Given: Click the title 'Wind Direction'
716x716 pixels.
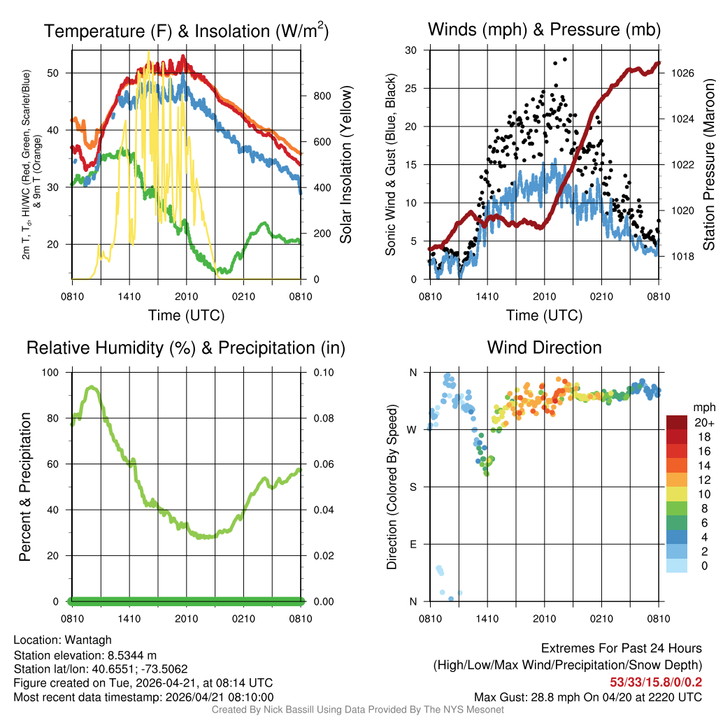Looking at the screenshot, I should point(544,348).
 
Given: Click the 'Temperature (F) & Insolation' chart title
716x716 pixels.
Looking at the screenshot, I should point(186,31).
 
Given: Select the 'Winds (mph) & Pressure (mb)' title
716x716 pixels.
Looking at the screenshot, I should point(544,29).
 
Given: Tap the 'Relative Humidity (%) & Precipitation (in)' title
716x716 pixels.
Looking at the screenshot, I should point(186,348).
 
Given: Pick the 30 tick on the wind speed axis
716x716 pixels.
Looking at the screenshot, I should point(411,50).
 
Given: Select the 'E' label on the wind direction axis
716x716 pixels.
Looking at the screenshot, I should point(413,544).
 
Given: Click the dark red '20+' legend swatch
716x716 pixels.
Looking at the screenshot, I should point(676,422).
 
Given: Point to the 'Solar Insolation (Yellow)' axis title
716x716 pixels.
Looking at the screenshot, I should point(346,165).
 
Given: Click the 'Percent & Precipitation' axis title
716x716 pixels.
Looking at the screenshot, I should point(24,487).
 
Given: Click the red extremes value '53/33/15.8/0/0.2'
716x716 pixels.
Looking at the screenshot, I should point(656,681).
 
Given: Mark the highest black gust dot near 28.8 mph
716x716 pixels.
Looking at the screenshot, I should point(564,59).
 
